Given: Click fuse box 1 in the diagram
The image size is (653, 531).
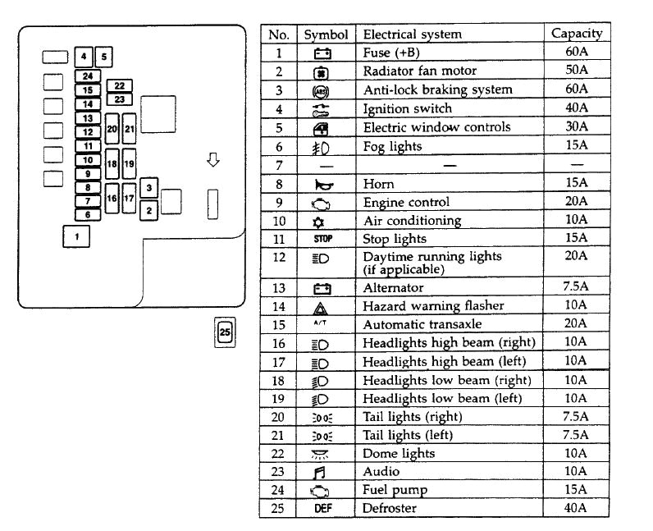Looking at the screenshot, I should pos(76,237).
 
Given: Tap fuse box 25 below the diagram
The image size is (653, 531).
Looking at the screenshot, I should pos(225,332).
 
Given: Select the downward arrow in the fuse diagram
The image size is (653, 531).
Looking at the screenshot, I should pos(213,161).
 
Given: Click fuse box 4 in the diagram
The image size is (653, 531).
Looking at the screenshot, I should pos(83,57).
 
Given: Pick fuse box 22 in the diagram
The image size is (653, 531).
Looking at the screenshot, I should pos(120,85).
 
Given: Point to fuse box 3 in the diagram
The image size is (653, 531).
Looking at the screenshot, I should pos(148,188).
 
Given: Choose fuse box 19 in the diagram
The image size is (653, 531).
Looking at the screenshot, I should pos(129,164).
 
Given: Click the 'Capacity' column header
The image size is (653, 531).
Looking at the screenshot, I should pos(577,34).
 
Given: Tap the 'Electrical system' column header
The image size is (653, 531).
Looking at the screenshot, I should pos(412,34).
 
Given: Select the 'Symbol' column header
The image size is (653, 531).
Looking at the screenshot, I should pos(326,34).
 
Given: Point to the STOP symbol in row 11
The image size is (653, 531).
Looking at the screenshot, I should pos(322,239).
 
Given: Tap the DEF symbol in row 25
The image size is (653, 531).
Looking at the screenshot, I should pos(322,508).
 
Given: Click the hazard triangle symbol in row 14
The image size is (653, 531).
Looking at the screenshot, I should pos(322,306).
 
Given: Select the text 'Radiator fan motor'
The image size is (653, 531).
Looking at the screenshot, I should pos(419,71).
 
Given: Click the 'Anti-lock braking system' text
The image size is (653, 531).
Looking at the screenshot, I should pos(437,89).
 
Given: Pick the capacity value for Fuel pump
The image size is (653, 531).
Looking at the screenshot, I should pos(577,490).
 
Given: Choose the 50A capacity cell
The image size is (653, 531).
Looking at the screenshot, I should pos(577,71).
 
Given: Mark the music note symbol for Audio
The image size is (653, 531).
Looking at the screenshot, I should pos(322,472).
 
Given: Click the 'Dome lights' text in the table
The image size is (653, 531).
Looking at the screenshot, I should pos(399,454).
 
